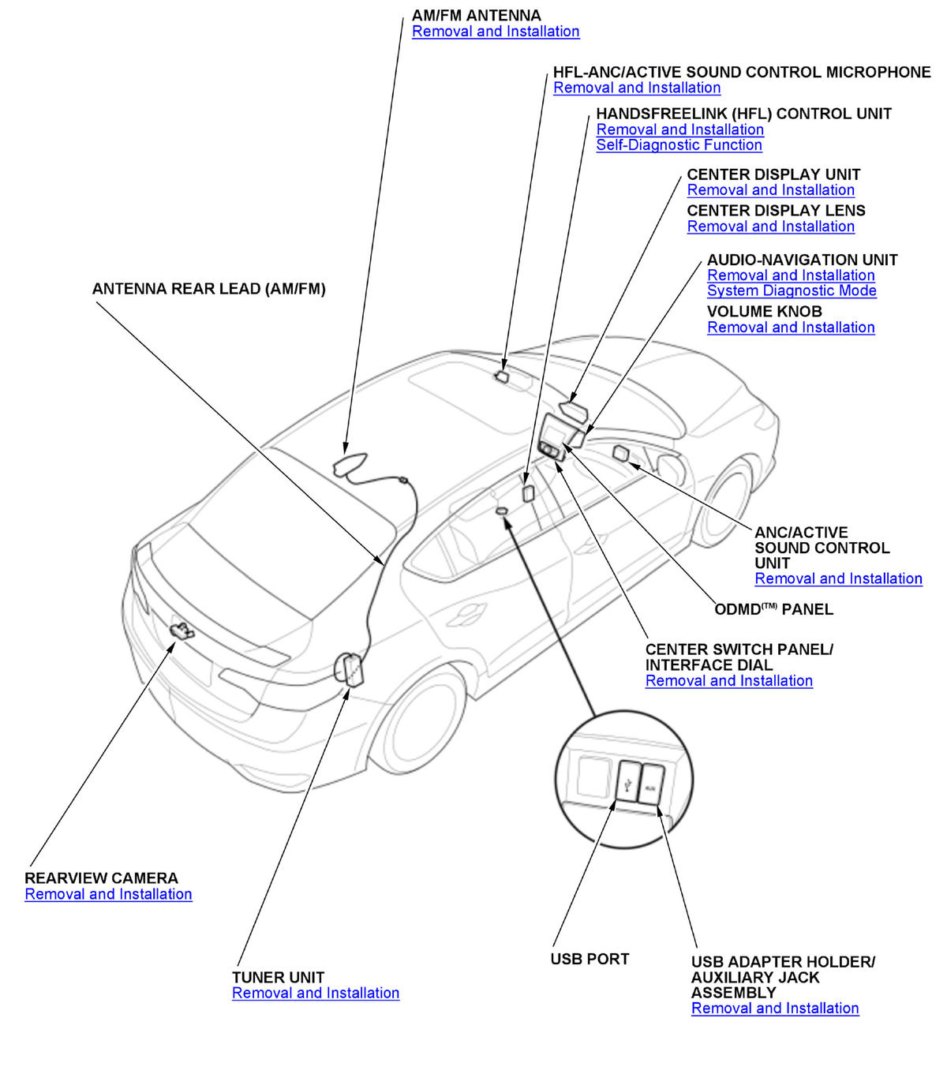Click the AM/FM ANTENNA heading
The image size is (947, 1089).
476,16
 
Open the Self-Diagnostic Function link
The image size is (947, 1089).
679,145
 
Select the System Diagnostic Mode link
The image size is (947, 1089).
792,290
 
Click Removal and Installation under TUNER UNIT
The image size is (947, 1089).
316,993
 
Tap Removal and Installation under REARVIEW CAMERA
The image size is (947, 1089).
108,894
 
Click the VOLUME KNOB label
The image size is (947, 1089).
764,312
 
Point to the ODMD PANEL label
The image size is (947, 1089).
773,609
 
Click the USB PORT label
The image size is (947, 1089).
590,959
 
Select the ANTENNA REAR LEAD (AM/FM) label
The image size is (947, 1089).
208,289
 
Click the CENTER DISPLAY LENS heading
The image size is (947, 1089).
776,211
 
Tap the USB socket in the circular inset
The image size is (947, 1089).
627,781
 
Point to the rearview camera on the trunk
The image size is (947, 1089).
182,630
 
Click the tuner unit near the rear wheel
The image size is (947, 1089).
350,669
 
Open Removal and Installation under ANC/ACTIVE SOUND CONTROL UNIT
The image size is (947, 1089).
838,578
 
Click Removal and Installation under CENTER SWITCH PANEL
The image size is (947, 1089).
728,681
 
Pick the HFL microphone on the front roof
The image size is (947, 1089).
503,376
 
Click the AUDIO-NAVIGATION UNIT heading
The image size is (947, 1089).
802,260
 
